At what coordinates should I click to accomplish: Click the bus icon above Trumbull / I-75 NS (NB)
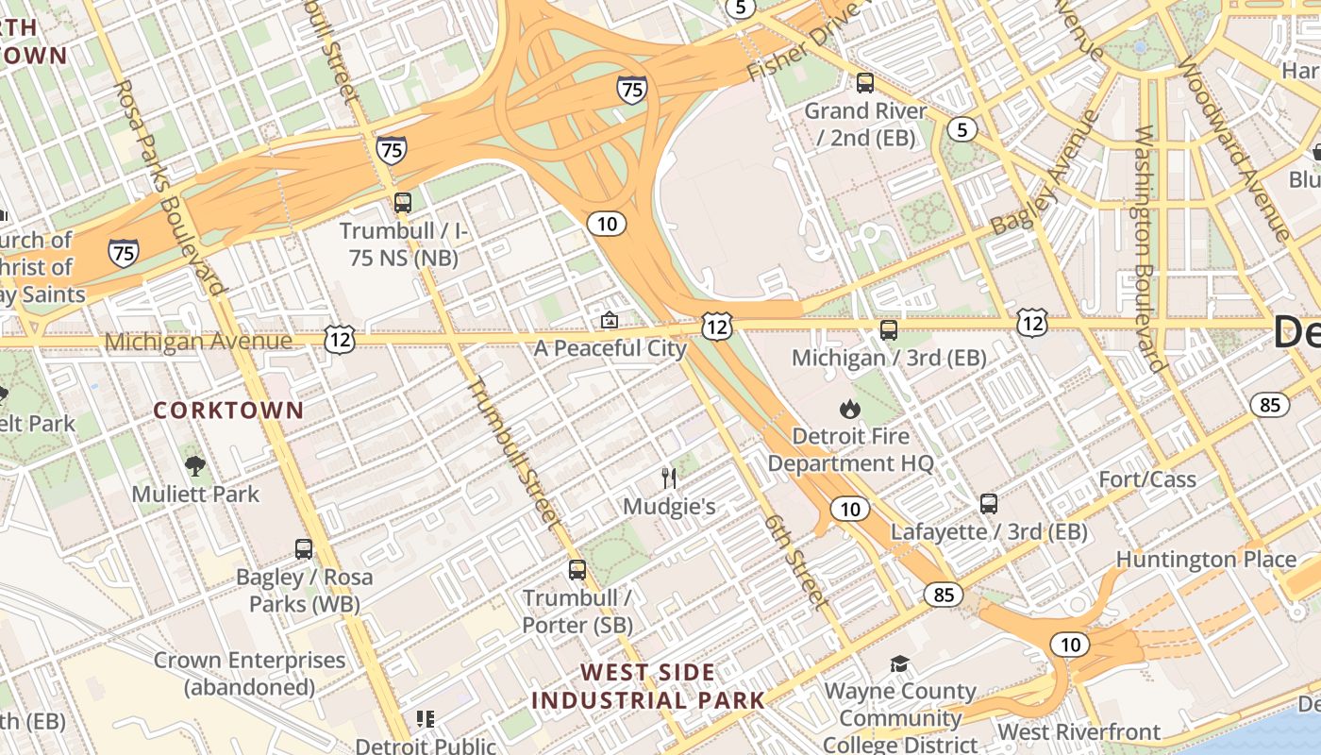coord(403,203)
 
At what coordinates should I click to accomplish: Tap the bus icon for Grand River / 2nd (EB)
coord(865,83)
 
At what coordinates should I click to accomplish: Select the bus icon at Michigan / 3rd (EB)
coord(889,330)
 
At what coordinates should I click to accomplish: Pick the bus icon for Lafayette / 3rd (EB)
coord(989,504)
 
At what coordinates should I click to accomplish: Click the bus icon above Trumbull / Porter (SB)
coord(577,570)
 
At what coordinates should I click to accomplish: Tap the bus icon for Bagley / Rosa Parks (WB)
coord(304,549)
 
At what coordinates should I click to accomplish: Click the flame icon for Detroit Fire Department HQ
coord(850,409)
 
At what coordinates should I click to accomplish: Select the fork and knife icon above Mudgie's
coord(670,478)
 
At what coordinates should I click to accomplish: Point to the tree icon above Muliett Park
coord(195,465)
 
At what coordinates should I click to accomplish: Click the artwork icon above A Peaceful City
coord(610,321)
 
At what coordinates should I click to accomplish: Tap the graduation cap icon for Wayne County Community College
coord(899,664)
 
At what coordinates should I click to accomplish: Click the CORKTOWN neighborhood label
coord(228,411)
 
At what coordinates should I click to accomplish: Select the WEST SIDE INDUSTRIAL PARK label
coord(648,687)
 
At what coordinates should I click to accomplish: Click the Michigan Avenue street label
coord(198,341)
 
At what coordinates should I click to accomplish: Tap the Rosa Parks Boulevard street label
coord(170,186)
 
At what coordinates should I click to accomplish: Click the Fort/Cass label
coord(1147,479)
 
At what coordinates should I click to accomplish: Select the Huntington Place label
coord(1206,560)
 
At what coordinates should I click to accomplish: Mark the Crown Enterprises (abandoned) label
coord(249,674)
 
